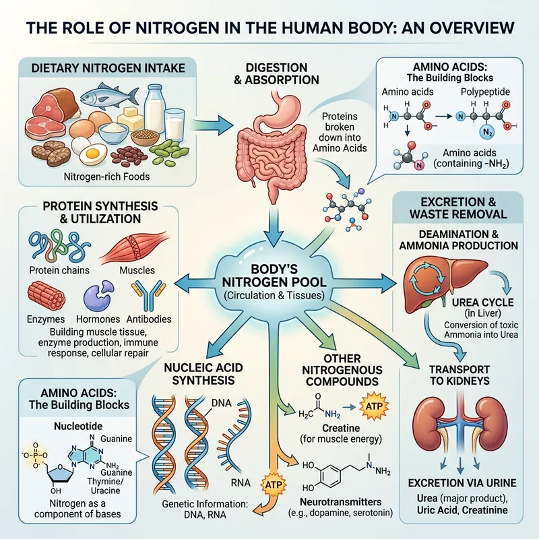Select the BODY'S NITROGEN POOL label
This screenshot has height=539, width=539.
[272, 276]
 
